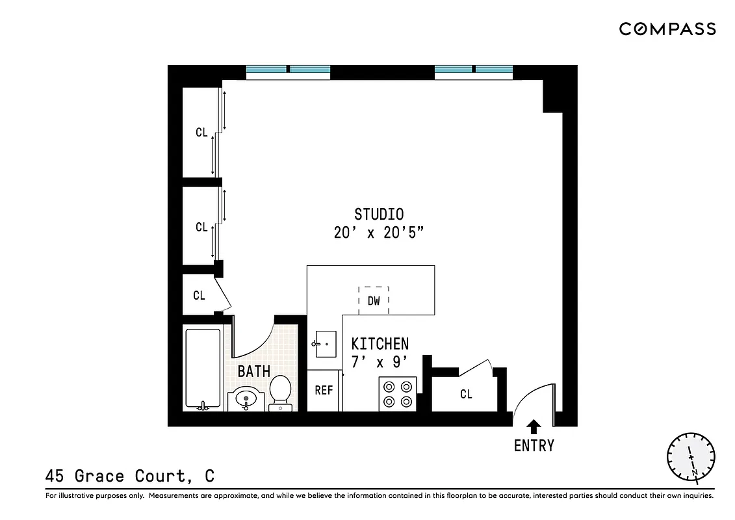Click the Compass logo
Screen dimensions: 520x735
click(x=667, y=29)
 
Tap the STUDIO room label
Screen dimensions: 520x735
click(x=379, y=214)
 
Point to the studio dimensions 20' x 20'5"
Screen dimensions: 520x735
click(x=380, y=233)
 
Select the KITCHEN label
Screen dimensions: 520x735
click(x=380, y=344)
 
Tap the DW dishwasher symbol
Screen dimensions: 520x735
click(x=374, y=300)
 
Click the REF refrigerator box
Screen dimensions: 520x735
click(x=324, y=391)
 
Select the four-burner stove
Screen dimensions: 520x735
click(x=398, y=393)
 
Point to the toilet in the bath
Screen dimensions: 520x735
click(x=281, y=392)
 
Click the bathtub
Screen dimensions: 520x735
click(x=203, y=369)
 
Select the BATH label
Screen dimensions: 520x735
click(x=253, y=372)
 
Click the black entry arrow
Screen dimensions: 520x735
click(x=534, y=426)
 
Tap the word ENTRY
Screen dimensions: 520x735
click(x=534, y=446)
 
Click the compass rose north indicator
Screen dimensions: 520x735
click(x=691, y=456)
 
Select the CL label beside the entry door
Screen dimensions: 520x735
click(x=466, y=395)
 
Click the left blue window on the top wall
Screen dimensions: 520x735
click(x=288, y=70)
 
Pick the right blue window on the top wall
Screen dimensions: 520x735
click(x=474, y=70)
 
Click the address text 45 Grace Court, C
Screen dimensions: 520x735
click(x=130, y=476)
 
